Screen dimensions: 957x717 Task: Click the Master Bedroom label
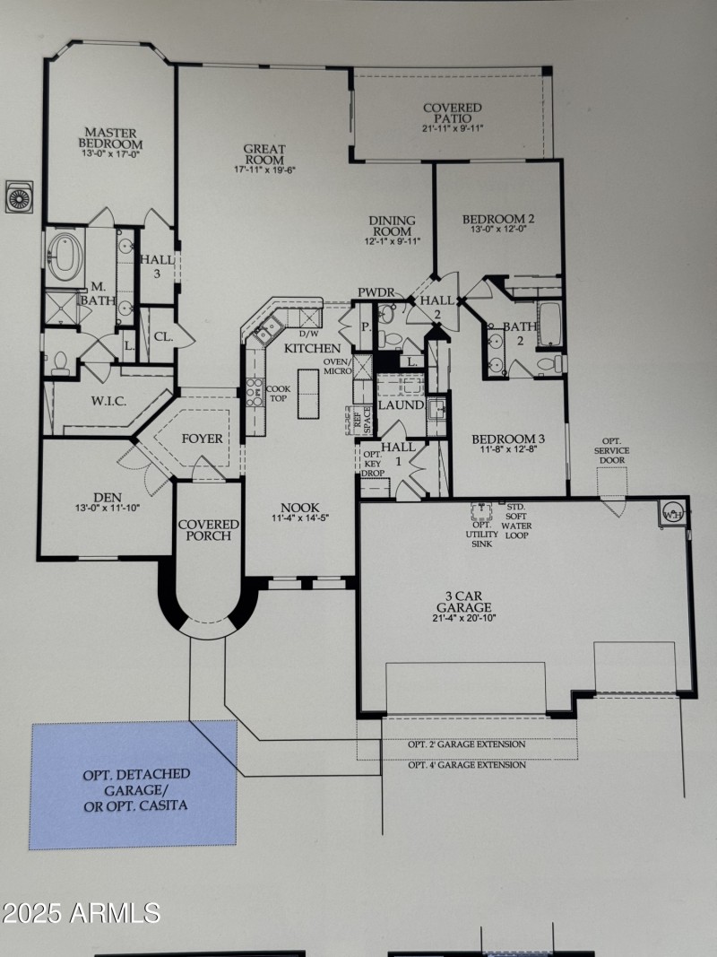tap(109, 137)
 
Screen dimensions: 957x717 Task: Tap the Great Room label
tap(264, 154)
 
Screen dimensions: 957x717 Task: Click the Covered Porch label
tap(209, 529)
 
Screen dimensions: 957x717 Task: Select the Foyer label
tap(202, 439)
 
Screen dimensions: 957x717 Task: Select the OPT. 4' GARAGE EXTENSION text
tap(466, 765)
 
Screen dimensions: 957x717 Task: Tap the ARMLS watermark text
tap(81, 913)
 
